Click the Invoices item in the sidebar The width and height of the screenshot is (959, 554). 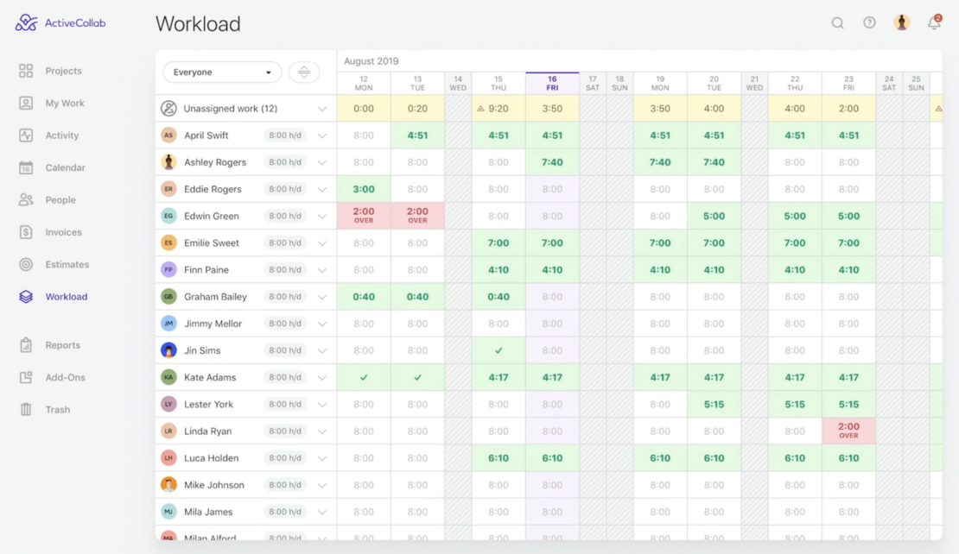tap(62, 232)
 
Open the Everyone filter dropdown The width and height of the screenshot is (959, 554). tap(222, 72)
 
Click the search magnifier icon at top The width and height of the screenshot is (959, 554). tap(837, 23)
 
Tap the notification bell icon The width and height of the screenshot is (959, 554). tap(934, 23)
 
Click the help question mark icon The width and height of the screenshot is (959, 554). tap(869, 23)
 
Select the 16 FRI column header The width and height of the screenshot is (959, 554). tap(552, 83)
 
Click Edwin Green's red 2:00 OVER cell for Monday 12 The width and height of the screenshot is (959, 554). tap(364, 216)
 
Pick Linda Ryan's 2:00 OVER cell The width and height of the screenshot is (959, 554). tap(848, 431)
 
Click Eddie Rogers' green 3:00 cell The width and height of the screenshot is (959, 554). tap(364, 189)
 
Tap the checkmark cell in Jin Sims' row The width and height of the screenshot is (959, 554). tap(499, 350)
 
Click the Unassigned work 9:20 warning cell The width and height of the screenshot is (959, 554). tap(499, 109)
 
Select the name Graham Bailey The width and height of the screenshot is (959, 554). tap(215, 297)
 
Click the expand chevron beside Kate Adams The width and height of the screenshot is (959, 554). tap(322, 378)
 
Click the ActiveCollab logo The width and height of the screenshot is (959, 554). tap(60, 23)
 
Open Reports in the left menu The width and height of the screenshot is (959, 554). tap(62, 345)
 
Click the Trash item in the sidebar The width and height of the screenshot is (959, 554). tap(57, 410)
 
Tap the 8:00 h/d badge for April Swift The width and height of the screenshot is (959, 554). tap(284, 135)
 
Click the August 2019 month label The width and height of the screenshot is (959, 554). tap(372, 61)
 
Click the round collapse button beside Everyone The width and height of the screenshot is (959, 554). tap(304, 72)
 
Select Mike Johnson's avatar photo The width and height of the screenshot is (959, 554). tap(168, 485)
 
